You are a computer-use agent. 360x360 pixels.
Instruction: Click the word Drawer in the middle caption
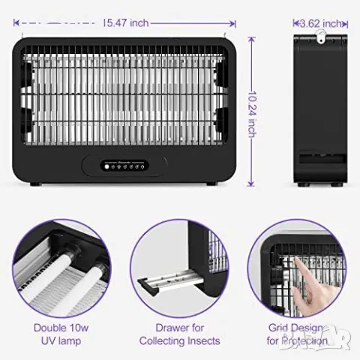point(169,328)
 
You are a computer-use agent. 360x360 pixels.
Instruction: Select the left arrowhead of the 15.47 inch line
point(16,23)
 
